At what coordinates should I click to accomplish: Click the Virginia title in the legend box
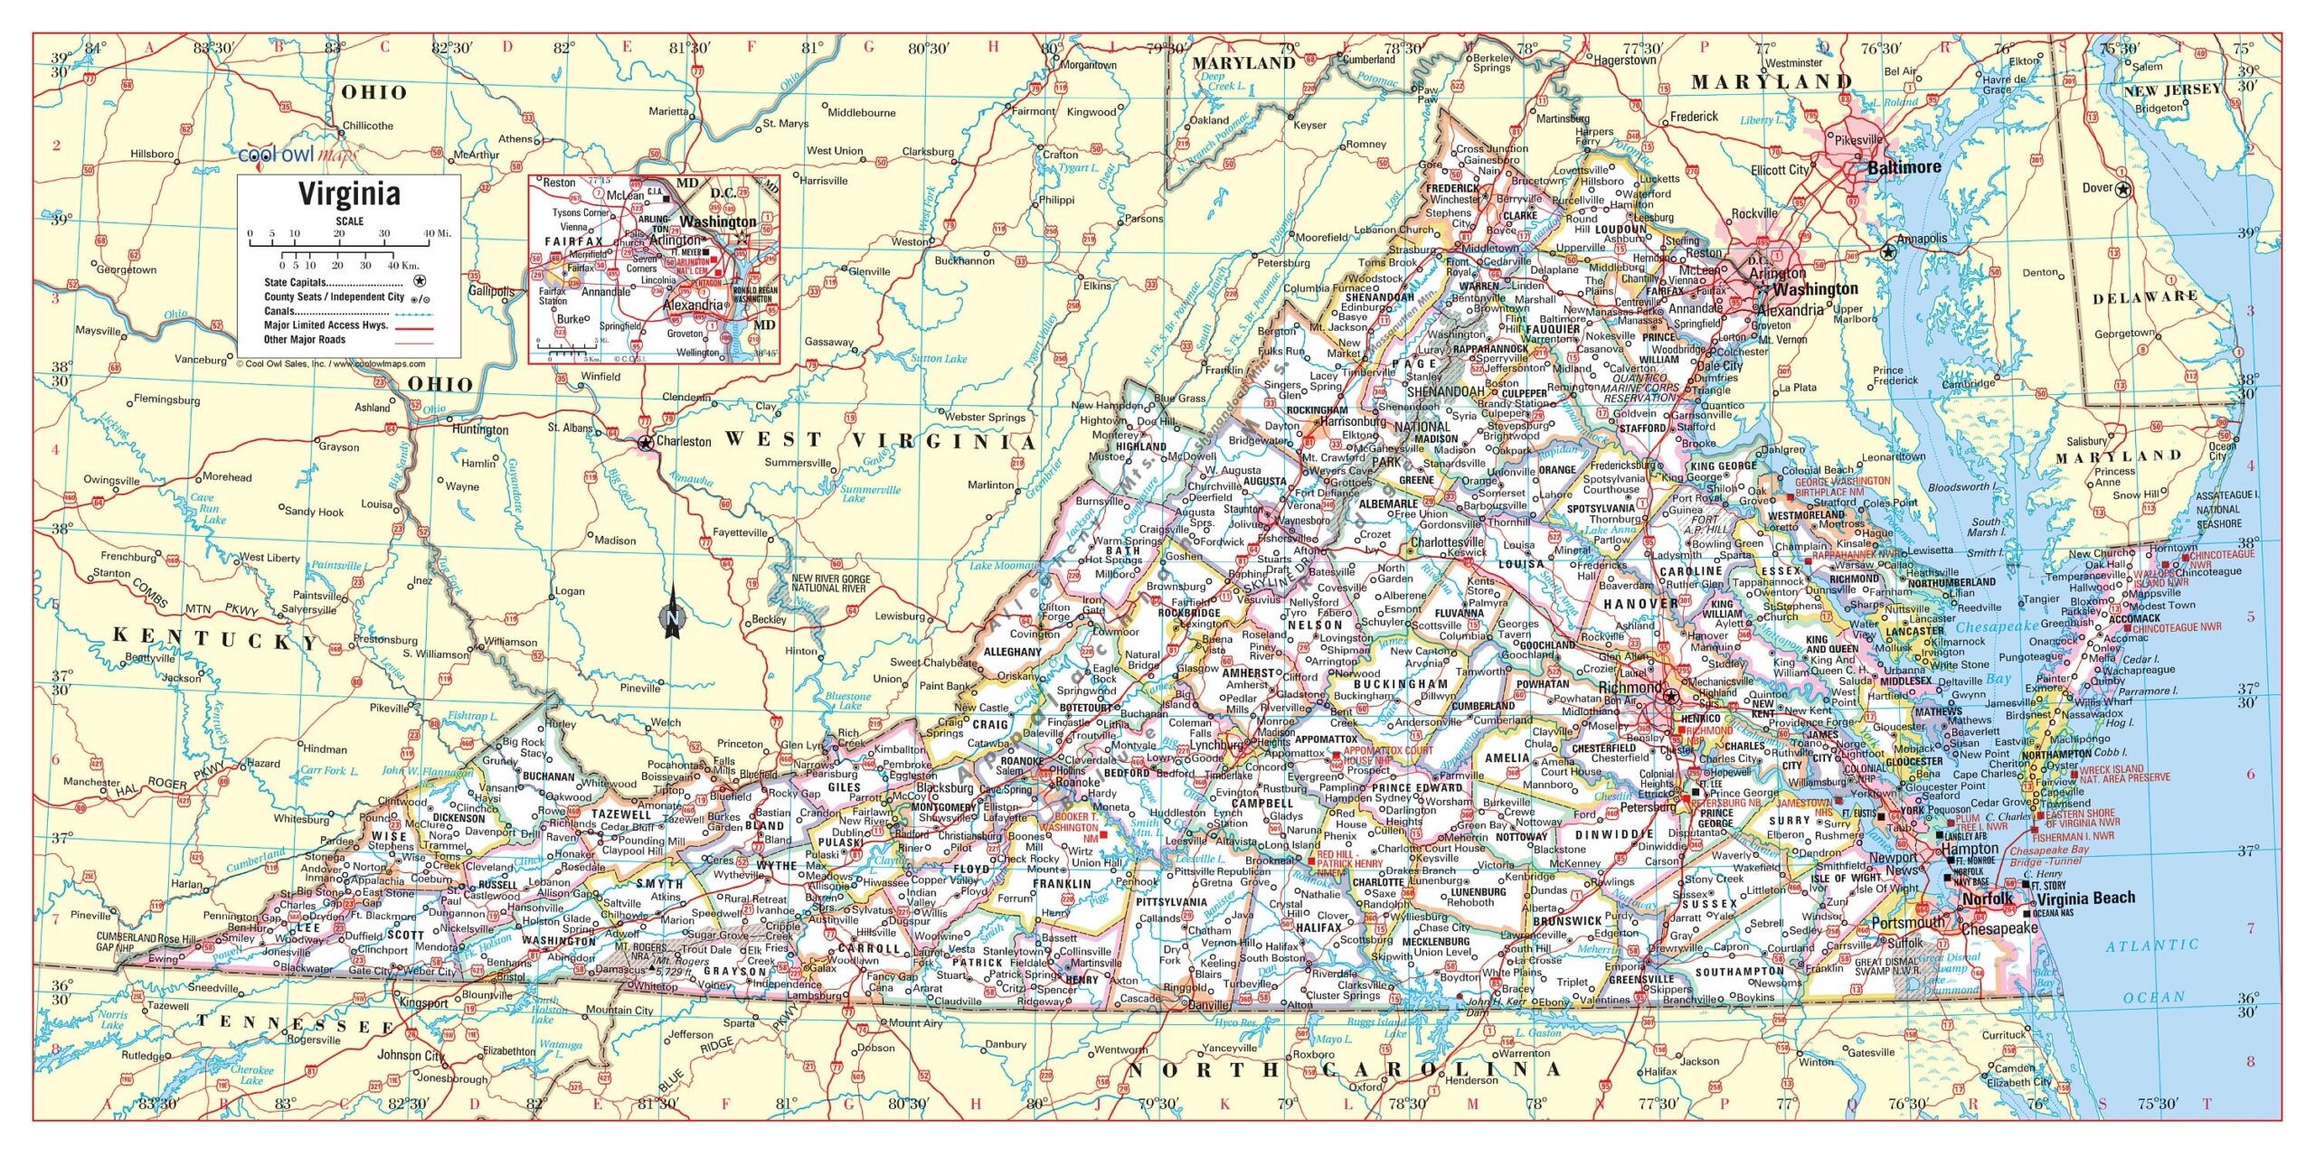(349, 194)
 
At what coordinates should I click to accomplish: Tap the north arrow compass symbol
(672, 614)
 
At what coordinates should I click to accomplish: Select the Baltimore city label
(1904, 167)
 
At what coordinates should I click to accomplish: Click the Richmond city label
(1630, 688)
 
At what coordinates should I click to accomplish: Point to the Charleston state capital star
(645, 443)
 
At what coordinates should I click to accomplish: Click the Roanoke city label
(1075, 783)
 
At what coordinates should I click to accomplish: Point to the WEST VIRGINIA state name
(879, 441)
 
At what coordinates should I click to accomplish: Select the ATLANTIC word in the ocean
(2151, 945)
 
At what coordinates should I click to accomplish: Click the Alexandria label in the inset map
(693, 305)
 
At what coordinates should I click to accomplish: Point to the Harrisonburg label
(1353, 421)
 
